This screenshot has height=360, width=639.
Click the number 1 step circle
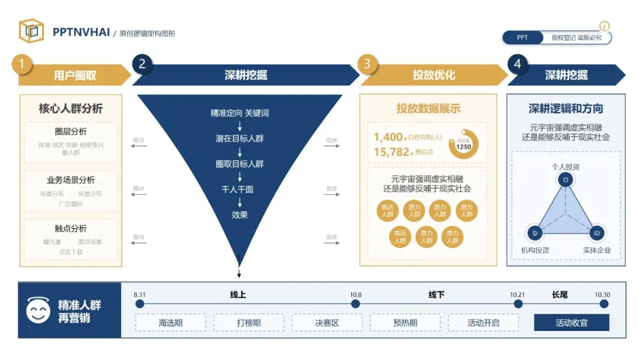22,64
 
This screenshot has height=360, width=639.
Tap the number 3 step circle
367,64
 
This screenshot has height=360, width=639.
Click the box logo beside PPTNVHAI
31,31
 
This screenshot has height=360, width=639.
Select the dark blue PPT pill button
523,37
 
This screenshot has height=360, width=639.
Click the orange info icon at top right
604,27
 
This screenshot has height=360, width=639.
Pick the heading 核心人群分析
70,108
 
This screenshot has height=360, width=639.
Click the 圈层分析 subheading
70,131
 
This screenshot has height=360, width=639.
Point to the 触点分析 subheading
70,229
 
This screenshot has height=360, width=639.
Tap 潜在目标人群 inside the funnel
240,139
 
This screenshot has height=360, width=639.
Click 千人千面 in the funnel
240,189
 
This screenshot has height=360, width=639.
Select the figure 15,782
392,152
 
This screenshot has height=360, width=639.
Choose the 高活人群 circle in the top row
388,211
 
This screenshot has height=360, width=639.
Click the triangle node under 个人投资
565,179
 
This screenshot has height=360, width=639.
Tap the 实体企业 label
596,250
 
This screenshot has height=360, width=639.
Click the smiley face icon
38,310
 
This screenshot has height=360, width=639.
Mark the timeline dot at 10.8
356,304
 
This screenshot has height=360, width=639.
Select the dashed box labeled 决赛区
327,323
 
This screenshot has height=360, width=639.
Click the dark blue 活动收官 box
571,323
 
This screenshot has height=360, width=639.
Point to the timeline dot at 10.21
518,304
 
